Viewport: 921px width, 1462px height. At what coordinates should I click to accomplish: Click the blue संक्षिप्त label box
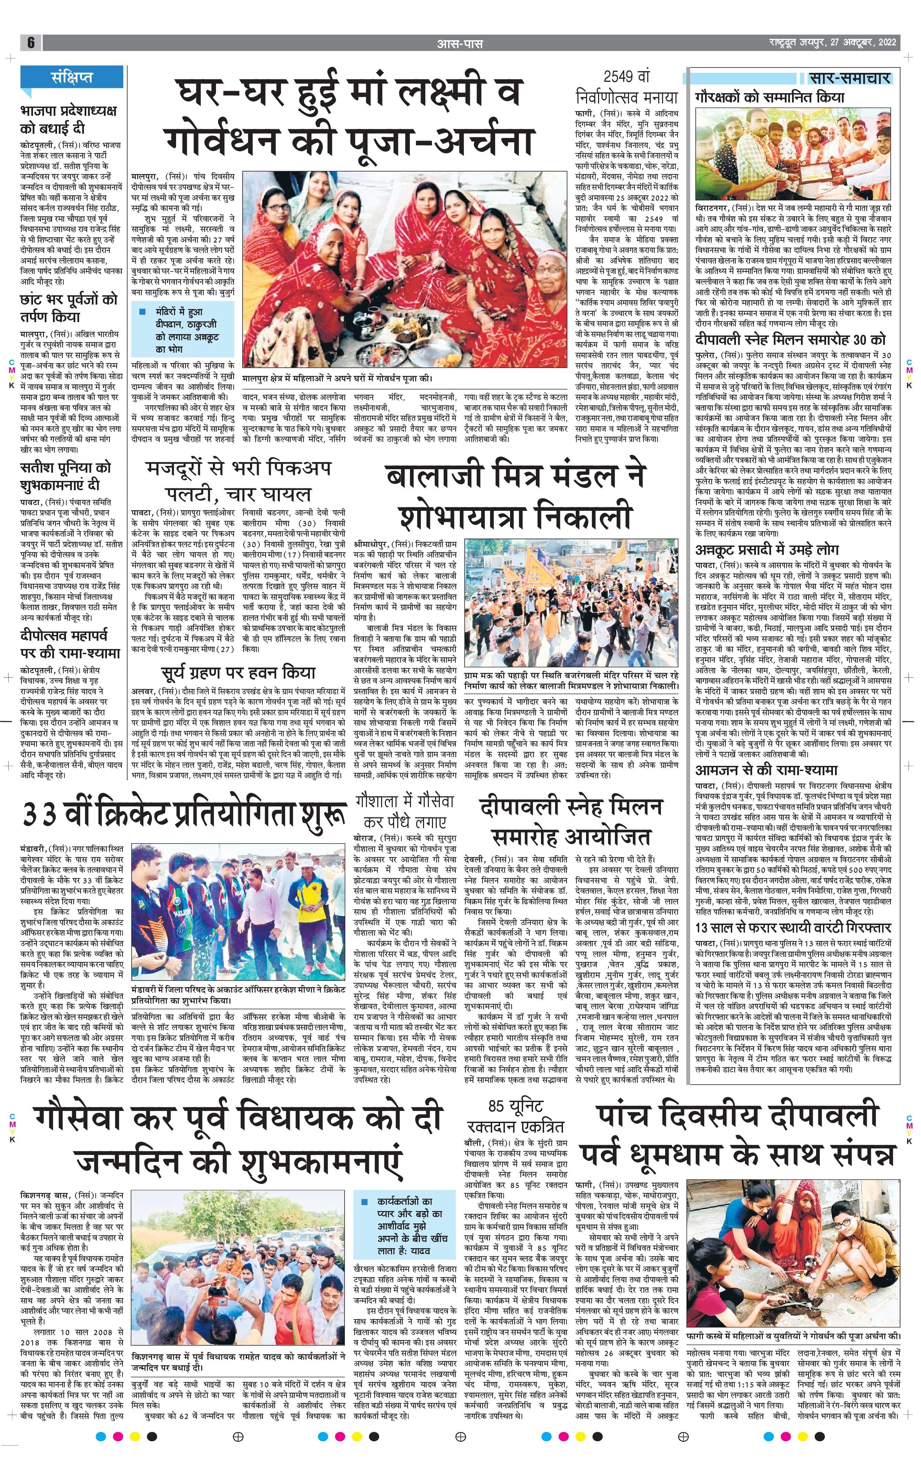[72, 77]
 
